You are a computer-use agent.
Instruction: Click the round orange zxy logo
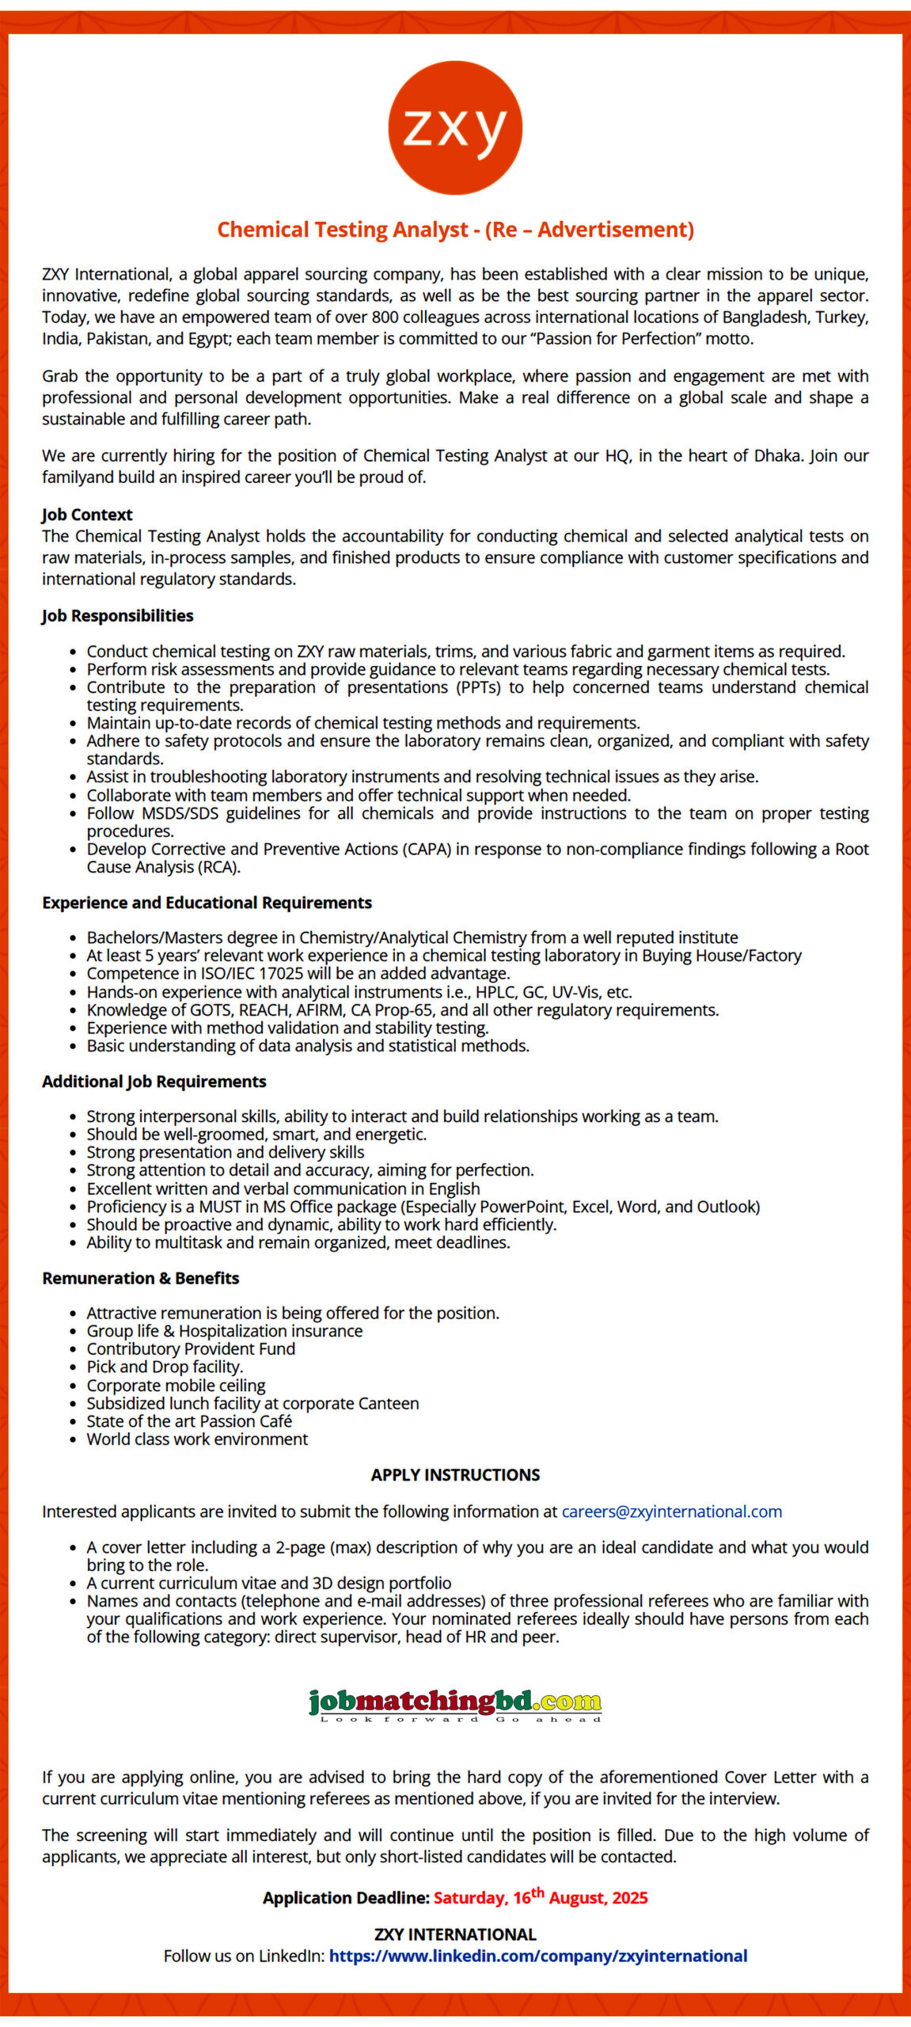(455, 127)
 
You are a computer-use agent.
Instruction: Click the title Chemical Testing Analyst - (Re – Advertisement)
(455, 230)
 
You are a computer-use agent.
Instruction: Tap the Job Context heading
(87, 515)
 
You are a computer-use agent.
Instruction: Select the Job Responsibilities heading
(117, 615)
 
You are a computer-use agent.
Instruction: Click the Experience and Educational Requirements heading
(207, 903)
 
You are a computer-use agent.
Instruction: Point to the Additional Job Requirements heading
(154, 1082)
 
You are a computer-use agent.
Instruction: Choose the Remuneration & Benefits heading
(140, 1278)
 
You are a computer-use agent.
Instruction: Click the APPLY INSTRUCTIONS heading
(455, 1474)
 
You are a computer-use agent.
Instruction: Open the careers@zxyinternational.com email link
(671, 1512)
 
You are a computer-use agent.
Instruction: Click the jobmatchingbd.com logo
(455, 1702)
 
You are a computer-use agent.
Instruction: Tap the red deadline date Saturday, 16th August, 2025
(541, 1898)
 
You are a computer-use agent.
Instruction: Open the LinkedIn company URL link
(538, 1956)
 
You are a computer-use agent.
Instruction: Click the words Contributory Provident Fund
(191, 1348)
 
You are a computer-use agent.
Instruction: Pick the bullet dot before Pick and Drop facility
(73, 1368)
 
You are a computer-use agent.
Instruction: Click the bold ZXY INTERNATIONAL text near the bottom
(455, 1934)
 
